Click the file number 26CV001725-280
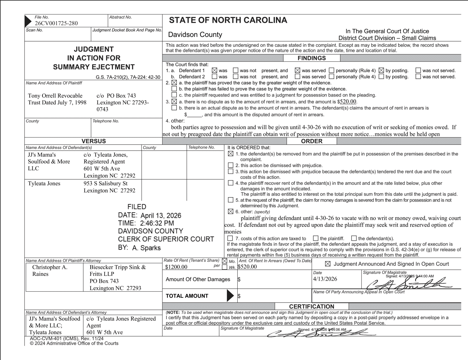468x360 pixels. (56, 23)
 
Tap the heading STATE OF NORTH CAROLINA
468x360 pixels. (228, 20)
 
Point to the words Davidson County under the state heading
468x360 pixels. (195, 35)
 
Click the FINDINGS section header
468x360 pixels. (311, 58)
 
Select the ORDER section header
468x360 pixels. (311, 141)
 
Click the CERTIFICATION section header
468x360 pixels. (311, 306)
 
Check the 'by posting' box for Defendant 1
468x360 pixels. (381, 70)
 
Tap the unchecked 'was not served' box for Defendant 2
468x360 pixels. (418, 77)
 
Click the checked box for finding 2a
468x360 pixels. (174, 83)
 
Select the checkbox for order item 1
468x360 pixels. (230, 154)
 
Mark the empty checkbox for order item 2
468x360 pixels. (230, 165)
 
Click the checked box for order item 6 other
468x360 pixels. (230, 212)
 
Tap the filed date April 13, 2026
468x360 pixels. (161, 216)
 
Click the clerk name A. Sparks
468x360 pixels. (146, 248)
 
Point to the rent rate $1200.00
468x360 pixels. (176, 267)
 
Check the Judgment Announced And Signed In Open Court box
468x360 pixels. (328, 264)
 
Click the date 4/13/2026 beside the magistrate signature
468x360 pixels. (325, 279)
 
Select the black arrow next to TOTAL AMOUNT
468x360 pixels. (230, 296)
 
